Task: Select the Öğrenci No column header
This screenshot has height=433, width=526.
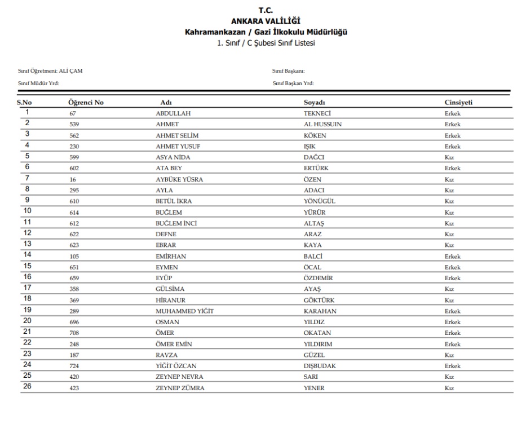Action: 86,103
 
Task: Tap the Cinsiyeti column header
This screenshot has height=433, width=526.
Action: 458,103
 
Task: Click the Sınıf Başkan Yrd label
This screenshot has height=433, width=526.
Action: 293,83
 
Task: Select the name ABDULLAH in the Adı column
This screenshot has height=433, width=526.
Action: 173,113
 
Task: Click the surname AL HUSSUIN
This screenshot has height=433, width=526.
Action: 322,124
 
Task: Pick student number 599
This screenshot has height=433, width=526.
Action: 74,157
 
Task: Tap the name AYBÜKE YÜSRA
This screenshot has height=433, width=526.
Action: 179,179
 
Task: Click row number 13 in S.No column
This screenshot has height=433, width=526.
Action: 27,244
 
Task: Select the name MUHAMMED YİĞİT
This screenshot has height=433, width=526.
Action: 184,311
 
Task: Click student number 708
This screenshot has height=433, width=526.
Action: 74,333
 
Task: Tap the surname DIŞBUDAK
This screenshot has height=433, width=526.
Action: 320,366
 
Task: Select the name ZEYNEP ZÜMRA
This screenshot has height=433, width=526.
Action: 180,388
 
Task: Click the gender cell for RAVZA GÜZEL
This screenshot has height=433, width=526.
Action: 449,355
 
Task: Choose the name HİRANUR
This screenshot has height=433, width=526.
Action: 170,301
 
